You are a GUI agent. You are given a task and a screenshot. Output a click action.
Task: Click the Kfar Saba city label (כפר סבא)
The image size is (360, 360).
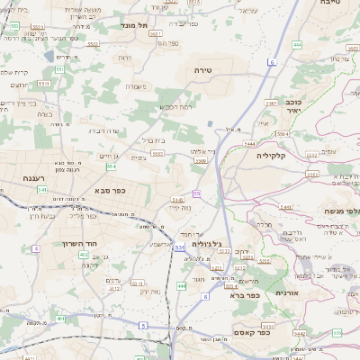pos(109,191)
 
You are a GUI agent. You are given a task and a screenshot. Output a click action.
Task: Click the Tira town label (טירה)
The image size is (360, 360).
pos(201,69)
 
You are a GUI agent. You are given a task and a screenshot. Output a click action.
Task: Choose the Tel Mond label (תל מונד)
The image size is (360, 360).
pos(133,26)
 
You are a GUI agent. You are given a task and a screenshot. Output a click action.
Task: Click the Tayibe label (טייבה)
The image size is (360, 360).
pos(330,4)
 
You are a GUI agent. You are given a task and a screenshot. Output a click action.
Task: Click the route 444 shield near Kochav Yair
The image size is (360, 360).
pos(297,43)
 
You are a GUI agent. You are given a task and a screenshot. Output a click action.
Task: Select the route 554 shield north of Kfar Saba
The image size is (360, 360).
pos(111,166)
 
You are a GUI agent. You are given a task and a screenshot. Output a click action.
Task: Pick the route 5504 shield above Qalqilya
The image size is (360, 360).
pos(282,132)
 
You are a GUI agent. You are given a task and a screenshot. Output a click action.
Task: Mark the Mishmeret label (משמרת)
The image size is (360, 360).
pos(137,87)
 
